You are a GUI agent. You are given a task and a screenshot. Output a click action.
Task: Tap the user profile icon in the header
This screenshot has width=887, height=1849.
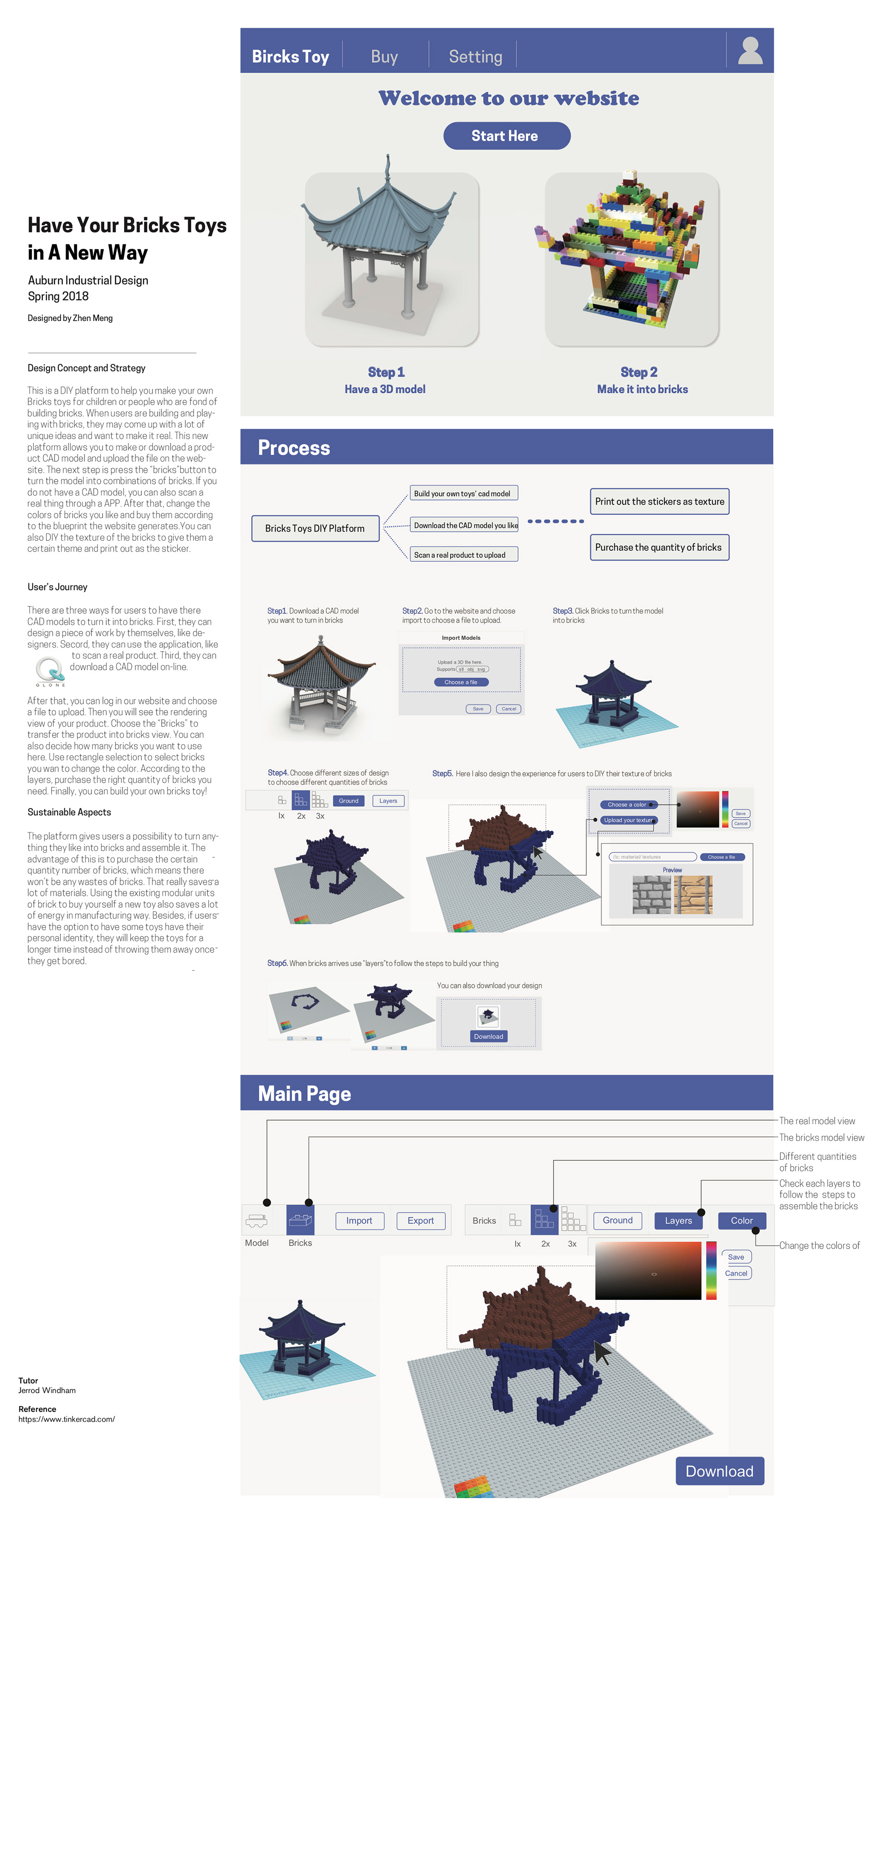pos(750,50)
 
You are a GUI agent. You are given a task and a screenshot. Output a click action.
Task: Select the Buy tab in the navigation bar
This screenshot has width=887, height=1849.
pos(384,57)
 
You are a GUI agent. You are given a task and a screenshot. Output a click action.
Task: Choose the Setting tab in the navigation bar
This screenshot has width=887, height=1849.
pos(475,57)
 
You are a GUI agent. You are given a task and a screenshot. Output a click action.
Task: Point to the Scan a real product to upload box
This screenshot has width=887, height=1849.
pos(463,555)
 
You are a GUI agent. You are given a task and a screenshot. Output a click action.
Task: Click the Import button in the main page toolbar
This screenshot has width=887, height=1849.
pos(359,1220)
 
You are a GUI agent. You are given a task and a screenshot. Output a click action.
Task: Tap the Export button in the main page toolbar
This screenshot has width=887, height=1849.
pos(420,1220)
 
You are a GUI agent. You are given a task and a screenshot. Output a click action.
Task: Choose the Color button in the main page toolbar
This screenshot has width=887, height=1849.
pos(741,1220)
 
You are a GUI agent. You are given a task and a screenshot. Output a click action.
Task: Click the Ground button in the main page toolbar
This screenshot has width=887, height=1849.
pos(617,1220)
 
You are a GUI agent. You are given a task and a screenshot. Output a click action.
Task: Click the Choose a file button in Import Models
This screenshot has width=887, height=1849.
pos(461,682)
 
